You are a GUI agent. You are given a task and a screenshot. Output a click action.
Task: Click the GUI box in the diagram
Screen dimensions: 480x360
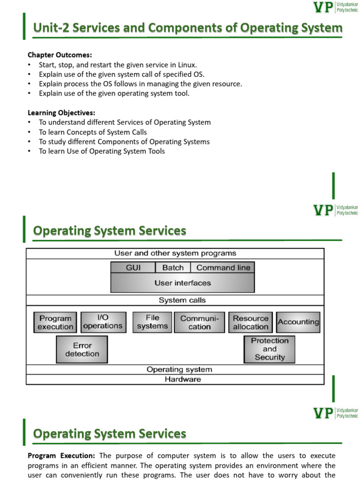[x=133, y=268]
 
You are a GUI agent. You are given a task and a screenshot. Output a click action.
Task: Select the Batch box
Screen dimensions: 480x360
[x=173, y=268]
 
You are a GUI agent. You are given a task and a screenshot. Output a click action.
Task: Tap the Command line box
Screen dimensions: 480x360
[x=223, y=268]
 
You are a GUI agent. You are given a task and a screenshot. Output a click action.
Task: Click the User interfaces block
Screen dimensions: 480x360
[x=183, y=283]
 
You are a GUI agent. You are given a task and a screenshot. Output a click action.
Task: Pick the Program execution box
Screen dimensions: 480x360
[x=55, y=322]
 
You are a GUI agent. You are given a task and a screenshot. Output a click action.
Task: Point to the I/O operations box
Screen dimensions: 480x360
[x=103, y=322]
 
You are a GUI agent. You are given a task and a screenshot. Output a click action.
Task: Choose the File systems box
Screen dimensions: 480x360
[x=152, y=322]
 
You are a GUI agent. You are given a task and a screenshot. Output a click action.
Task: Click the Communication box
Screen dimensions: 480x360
[x=200, y=322]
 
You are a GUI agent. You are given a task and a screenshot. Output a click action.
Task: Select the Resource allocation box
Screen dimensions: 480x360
[x=251, y=322]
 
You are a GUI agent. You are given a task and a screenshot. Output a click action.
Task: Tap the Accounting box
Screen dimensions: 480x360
[x=298, y=322]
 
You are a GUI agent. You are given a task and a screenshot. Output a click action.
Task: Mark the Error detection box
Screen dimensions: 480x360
[x=82, y=350]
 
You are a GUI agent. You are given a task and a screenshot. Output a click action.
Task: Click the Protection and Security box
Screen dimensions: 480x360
[x=270, y=349]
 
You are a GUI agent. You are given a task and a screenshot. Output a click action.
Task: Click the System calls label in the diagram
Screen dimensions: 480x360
[x=182, y=300]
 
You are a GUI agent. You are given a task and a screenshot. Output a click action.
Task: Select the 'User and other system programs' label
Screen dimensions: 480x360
[x=175, y=253]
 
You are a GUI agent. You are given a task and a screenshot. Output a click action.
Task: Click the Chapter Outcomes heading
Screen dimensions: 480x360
[x=60, y=55]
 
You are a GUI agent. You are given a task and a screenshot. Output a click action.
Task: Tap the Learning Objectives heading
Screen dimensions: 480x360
[x=61, y=113]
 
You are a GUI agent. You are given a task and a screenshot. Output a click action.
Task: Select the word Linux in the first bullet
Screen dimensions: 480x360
[x=186, y=65]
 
